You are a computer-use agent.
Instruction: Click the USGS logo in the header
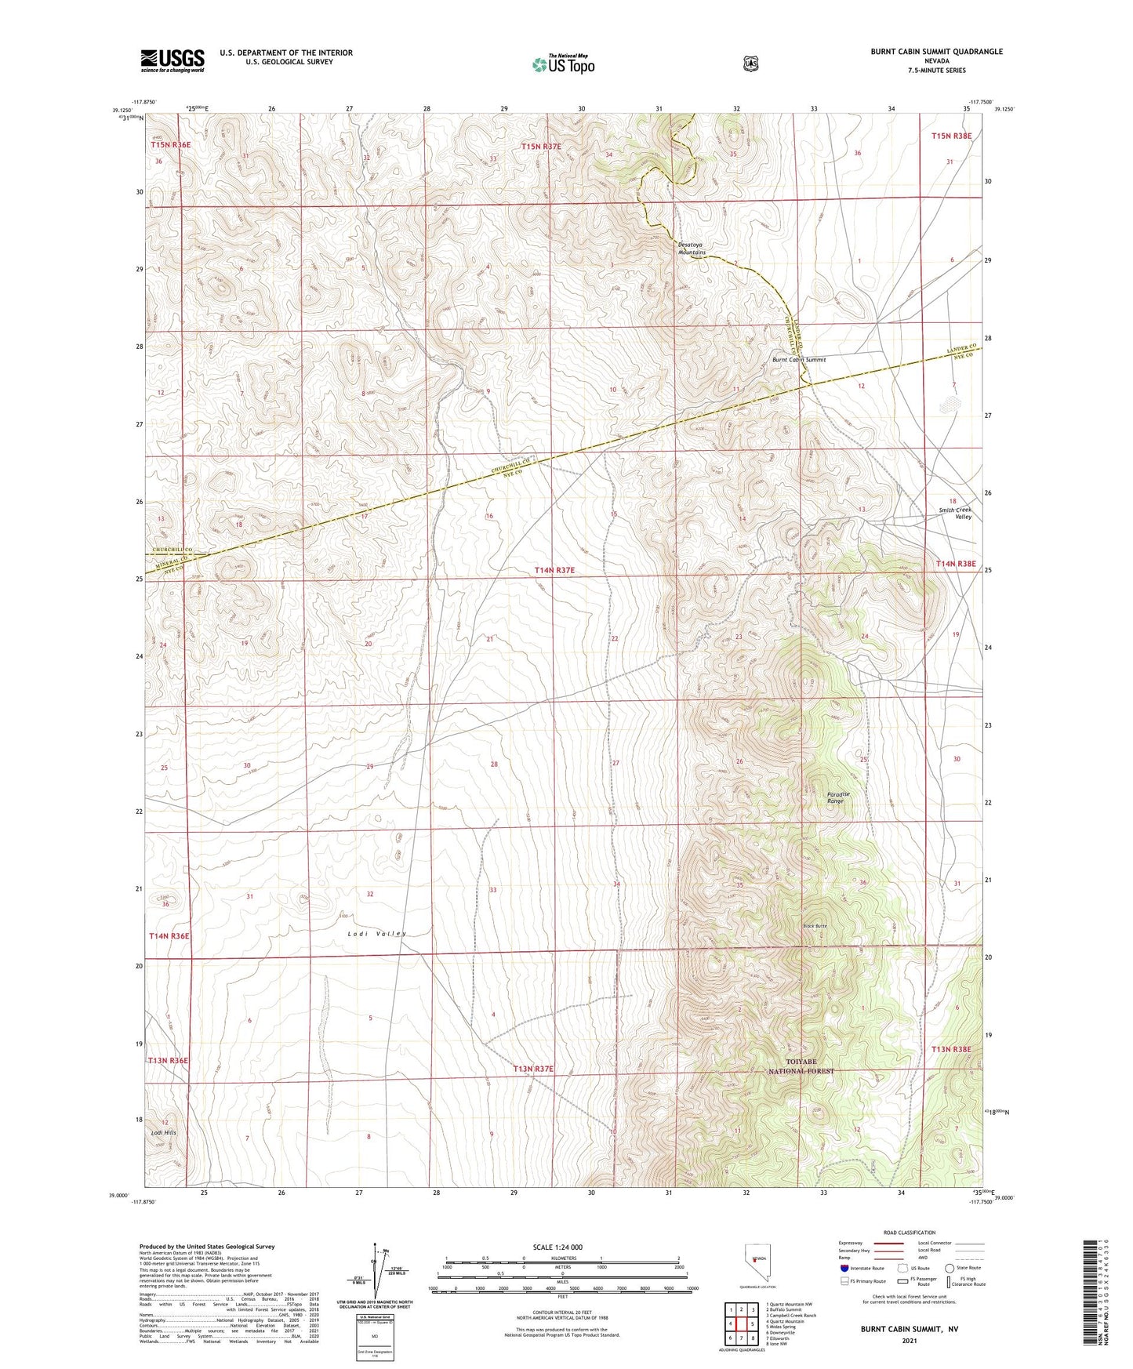[x=172, y=60]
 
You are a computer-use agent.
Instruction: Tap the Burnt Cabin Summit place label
[x=798, y=360]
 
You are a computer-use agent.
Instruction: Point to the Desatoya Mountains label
[x=692, y=249]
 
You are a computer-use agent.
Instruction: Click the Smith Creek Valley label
[x=955, y=513]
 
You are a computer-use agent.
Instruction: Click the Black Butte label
[x=814, y=926]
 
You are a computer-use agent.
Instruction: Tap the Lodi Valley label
[x=377, y=933]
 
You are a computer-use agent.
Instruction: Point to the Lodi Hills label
[x=164, y=1132]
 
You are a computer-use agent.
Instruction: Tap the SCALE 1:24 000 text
[x=557, y=1247]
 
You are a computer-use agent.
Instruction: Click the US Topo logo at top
[x=563, y=64]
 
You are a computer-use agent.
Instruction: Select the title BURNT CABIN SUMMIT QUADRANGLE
[x=935, y=52]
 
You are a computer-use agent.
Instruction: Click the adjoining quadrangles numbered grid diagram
[x=741, y=1324]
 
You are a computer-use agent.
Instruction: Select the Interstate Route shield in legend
[x=844, y=1267]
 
